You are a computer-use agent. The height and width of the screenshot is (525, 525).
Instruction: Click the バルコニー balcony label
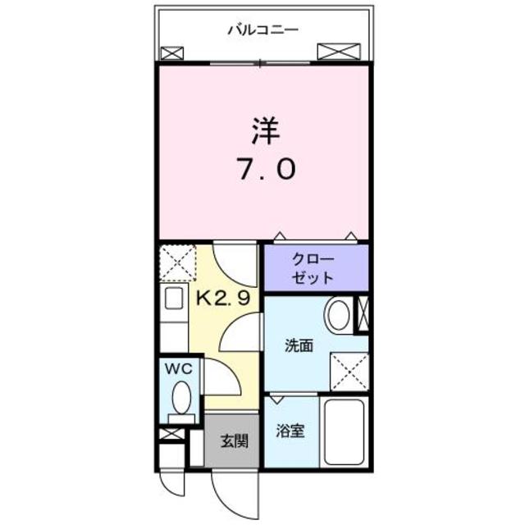point(262,30)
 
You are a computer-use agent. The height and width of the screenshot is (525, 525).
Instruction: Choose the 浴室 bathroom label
point(291,431)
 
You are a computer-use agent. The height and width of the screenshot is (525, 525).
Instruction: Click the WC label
point(181,369)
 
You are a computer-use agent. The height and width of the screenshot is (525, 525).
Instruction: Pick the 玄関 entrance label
point(233,441)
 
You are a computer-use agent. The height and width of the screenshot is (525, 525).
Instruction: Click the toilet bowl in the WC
point(181,399)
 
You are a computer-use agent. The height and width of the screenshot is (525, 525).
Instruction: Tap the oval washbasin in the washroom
point(338,315)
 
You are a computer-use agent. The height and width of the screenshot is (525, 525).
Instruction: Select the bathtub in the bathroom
point(345,432)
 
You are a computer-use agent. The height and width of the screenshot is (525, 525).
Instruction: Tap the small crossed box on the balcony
point(171,54)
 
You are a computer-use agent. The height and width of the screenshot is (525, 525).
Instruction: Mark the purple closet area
point(316,267)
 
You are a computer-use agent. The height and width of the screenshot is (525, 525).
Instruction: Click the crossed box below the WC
point(170,433)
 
